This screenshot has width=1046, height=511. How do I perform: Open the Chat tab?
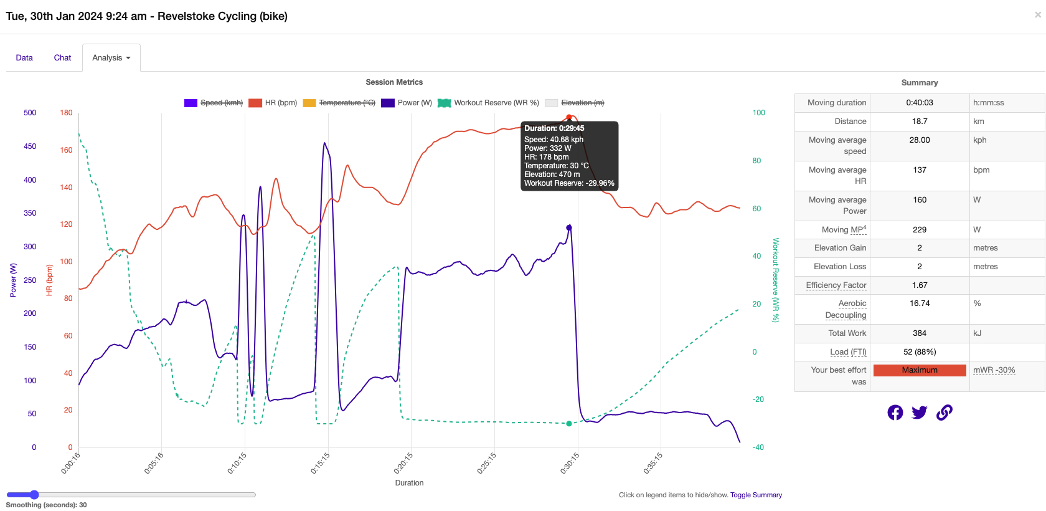[62, 58]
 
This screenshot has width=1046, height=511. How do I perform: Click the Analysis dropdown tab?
[111, 58]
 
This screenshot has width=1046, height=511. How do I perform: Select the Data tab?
[24, 58]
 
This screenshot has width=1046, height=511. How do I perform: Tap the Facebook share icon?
[895, 413]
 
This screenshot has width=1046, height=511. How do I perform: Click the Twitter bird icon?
[919, 413]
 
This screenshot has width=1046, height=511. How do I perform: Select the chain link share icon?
[944, 413]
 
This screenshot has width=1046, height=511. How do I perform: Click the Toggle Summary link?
[756, 495]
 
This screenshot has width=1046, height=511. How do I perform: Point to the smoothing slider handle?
[34, 495]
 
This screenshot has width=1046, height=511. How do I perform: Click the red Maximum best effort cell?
[919, 370]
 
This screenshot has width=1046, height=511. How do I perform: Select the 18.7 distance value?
[919, 122]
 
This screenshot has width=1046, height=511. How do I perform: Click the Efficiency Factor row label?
[836, 285]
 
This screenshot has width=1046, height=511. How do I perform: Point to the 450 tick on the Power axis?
[30, 146]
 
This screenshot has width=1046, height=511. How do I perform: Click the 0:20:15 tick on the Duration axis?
[403, 463]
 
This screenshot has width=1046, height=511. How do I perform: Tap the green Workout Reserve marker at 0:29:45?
[569, 424]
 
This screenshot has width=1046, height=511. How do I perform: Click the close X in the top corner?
[1037, 15]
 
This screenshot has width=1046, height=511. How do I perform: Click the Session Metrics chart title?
[394, 82]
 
